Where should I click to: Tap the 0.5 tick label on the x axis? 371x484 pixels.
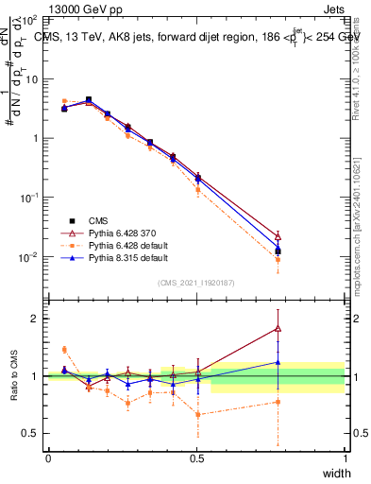(x=196, y=458)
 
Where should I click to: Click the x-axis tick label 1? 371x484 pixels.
(x=345, y=458)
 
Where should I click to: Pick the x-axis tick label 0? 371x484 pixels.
(x=48, y=458)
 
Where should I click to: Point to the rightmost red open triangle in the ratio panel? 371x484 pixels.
(x=278, y=328)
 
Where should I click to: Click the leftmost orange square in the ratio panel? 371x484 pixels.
(x=64, y=350)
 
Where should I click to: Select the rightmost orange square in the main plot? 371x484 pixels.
(x=278, y=259)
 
